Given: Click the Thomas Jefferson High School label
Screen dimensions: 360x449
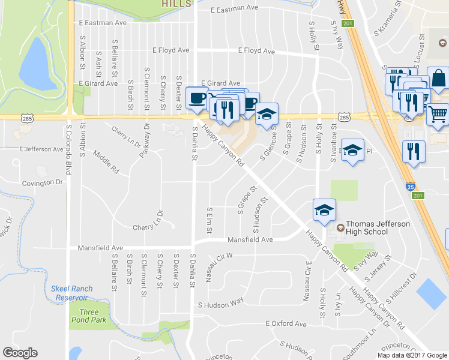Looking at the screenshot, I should pyautogui.click(x=378, y=228).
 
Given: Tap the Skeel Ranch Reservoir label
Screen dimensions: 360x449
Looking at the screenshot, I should pyautogui.click(x=72, y=293).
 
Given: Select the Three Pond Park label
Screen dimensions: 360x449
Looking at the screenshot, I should pyautogui.click(x=89, y=316).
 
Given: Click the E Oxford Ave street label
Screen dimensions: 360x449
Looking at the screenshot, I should pyautogui.click(x=286, y=324).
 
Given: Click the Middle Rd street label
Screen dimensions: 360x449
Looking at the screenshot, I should pyautogui.click(x=106, y=163).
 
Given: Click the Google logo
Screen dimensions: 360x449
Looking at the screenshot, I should pyautogui.click(x=20, y=353).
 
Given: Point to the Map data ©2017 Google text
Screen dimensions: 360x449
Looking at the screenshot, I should pyautogui.click(x=411, y=355).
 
